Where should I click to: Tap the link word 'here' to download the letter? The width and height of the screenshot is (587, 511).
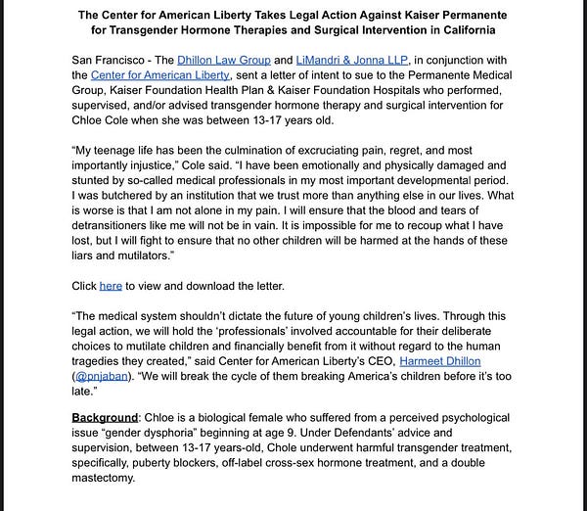(111, 285)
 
